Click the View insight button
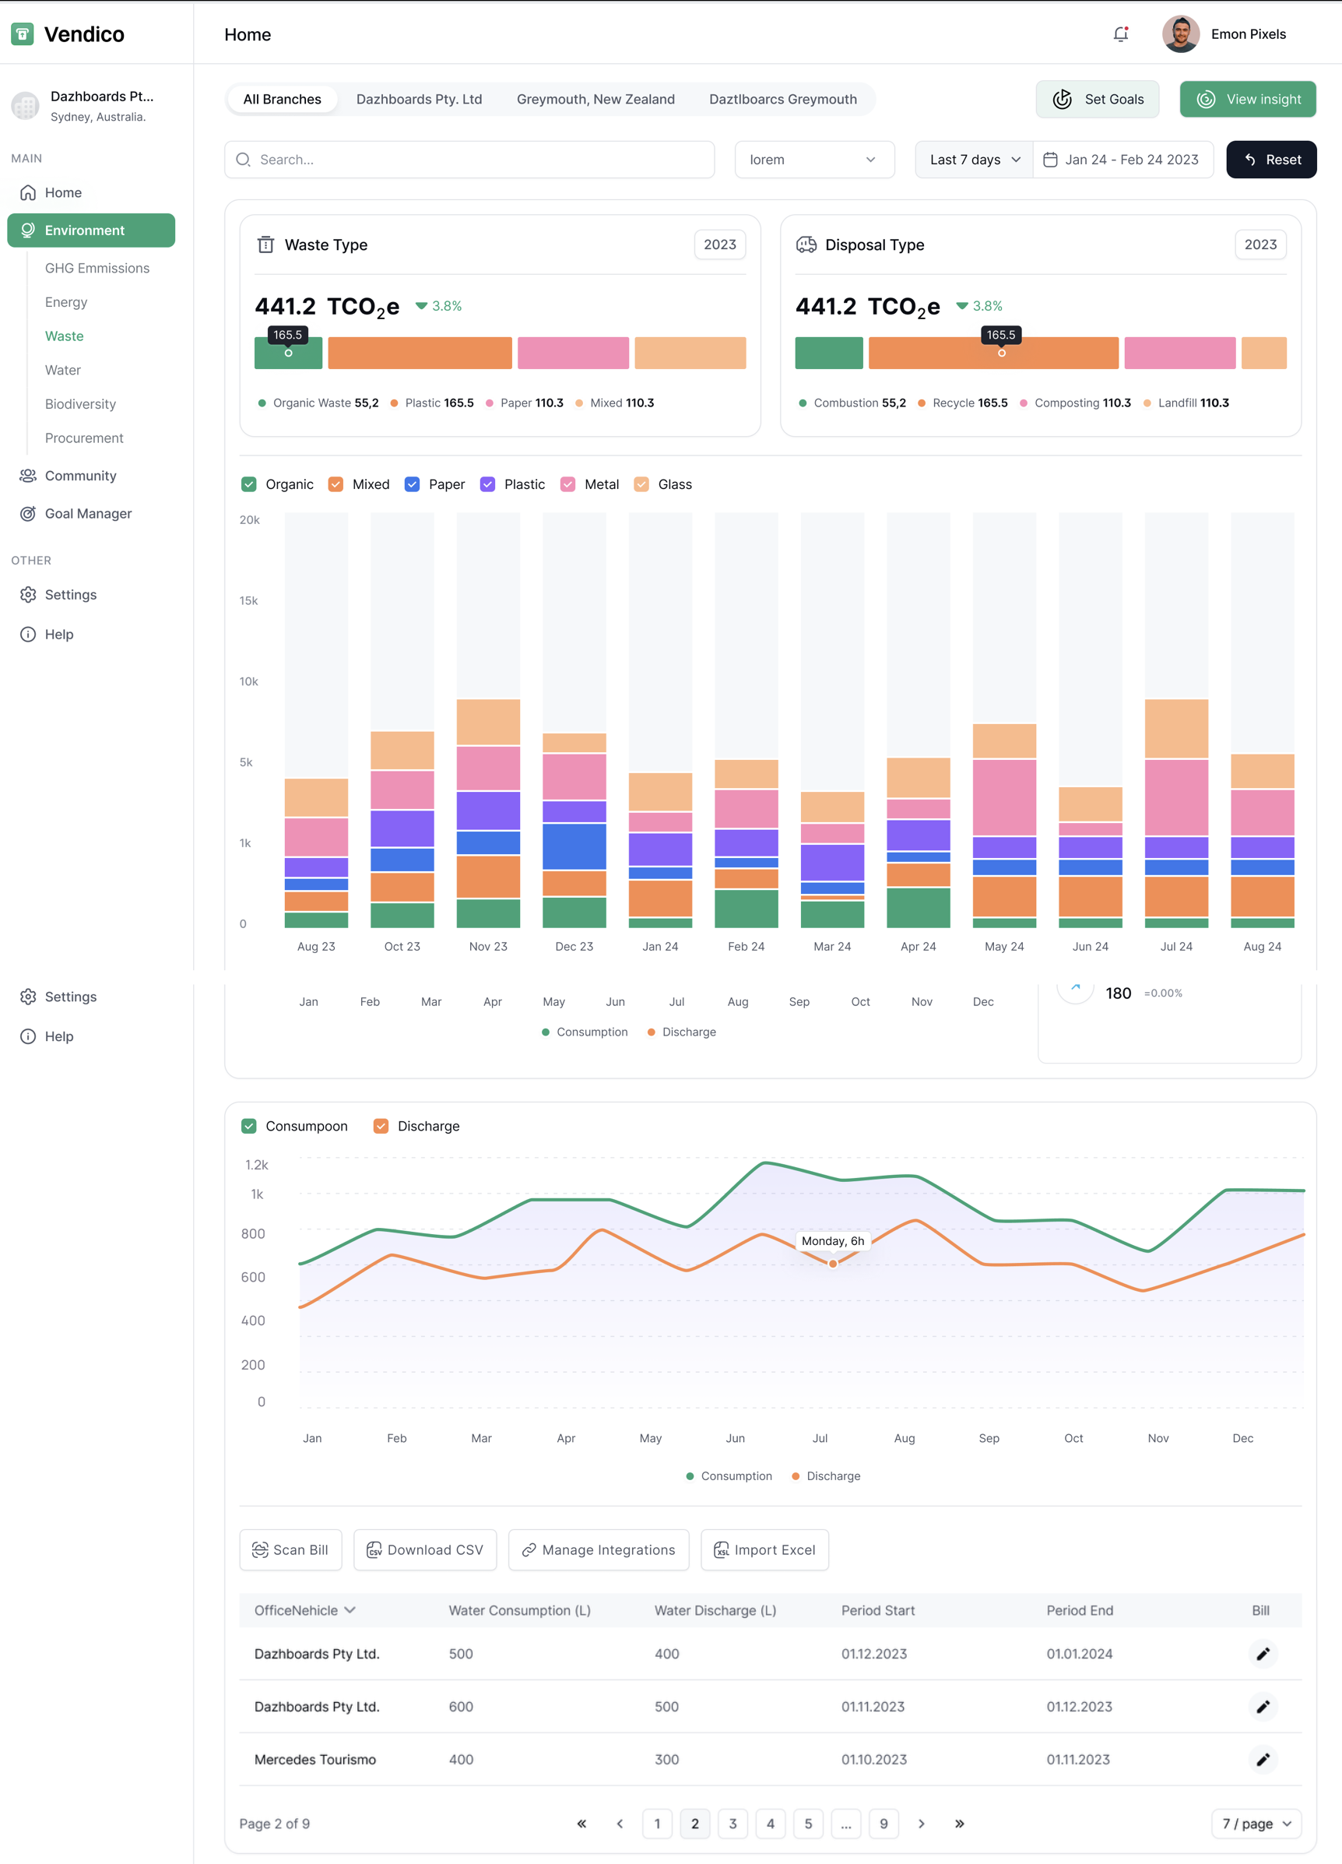(x=1247, y=100)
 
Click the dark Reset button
(x=1270, y=160)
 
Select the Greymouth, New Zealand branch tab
(x=595, y=100)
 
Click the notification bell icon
(x=1120, y=34)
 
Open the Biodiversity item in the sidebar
(x=80, y=404)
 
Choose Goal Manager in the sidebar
(x=88, y=514)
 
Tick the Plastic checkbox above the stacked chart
(x=487, y=484)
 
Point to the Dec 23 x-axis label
(x=574, y=947)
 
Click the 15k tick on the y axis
(x=248, y=601)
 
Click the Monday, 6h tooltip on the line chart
(x=831, y=1241)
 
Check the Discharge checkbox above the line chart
(x=381, y=1126)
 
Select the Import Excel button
(x=764, y=1550)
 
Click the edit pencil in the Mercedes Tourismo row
(x=1263, y=1760)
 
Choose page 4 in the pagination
(x=770, y=1824)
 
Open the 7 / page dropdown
(x=1256, y=1824)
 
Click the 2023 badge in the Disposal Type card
(x=1259, y=245)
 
